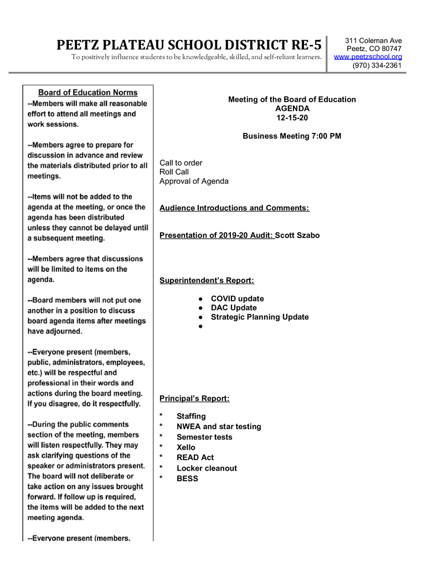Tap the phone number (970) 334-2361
tap(377, 65)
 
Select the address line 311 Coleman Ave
tap(373, 40)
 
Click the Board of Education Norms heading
tap(87, 92)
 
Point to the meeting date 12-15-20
tap(292, 118)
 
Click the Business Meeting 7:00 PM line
tap(292, 136)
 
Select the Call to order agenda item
tap(181, 163)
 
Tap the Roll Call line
tap(174, 172)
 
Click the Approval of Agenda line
tap(194, 181)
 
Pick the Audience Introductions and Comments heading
tap(234, 208)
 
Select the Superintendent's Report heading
tap(207, 281)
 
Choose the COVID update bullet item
tap(237, 298)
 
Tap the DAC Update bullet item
tap(234, 308)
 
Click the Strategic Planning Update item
tap(260, 317)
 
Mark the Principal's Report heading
tap(194, 399)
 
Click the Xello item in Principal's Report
tap(186, 447)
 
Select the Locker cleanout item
tap(207, 468)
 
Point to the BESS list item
tap(187, 479)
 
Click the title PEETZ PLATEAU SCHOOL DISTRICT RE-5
tap(189, 45)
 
